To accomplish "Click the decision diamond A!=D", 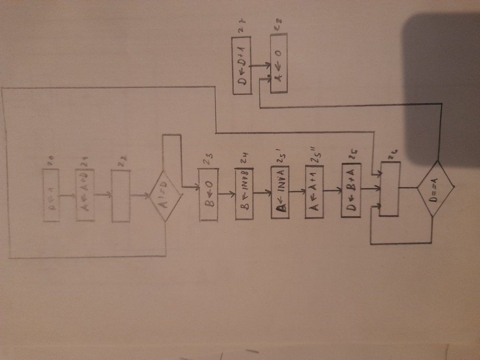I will tap(165, 196).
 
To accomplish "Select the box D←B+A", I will tap(350, 191).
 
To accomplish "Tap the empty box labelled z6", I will tap(389, 189).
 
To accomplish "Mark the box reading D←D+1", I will tap(243, 66).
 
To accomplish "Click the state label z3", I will tap(208, 163).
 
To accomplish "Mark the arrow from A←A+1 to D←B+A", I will tap(332, 191).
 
